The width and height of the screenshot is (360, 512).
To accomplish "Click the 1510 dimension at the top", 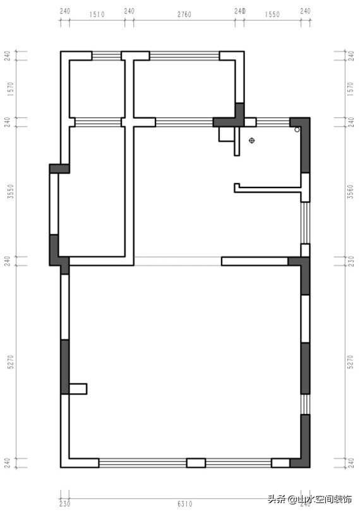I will point(97,13).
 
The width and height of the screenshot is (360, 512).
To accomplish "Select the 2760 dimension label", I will point(184,13).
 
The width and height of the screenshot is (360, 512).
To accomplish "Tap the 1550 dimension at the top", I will point(273,13).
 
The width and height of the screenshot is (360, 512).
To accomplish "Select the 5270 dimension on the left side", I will point(9,363).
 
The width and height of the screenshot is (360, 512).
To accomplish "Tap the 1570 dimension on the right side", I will point(351,88).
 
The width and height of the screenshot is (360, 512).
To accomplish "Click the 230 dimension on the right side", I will point(351,261).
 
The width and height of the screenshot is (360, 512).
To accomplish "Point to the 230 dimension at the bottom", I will point(64,503).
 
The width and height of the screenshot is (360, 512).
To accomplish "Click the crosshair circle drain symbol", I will point(252,140).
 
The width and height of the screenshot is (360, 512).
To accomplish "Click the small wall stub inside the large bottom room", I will point(78,389).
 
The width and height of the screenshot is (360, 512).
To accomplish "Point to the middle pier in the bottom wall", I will point(196,463).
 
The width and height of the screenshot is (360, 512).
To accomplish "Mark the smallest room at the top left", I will point(95,88).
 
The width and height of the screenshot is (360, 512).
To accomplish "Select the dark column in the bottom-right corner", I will point(301,463).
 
